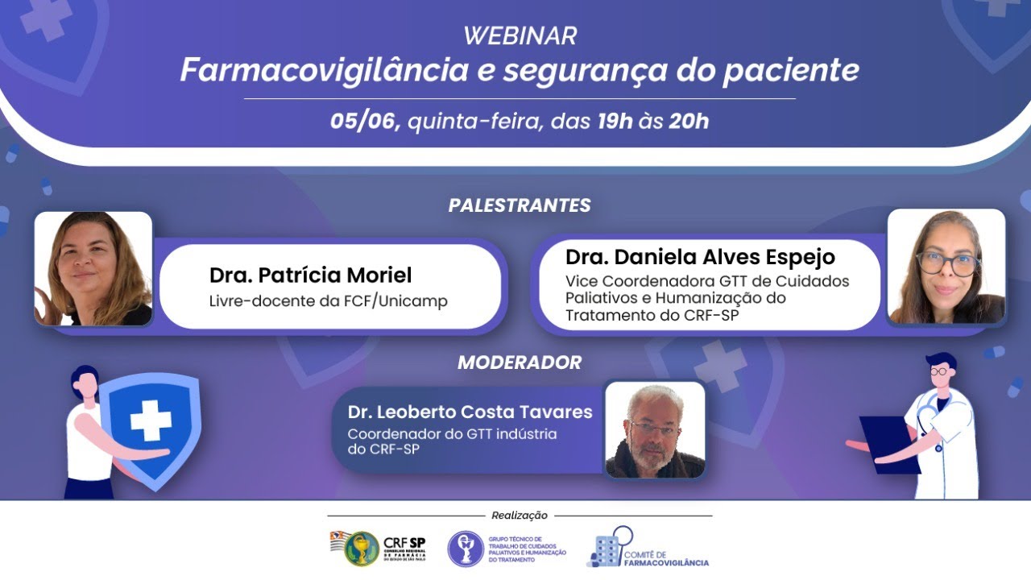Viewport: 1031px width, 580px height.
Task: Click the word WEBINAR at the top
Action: pyautogui.click(x=520, y=36)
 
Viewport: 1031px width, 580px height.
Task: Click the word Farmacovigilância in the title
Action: pyautogui.click(x=323, y=70)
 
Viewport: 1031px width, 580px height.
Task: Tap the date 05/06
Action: pyautogui.click(x=365, y=122)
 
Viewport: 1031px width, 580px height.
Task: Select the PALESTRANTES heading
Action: pyautogui.click(x=520, y=205)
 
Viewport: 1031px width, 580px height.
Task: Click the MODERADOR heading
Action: pyautogui.click(x=520, y=362)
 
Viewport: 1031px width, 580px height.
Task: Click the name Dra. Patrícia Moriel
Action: pyautogui.click(x=310, y=275)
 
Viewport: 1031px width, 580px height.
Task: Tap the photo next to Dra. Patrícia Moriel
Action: pyautogui.click(x=93, y=269)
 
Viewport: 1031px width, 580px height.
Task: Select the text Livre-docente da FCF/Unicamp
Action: pyautogui.click(x=328, y=301)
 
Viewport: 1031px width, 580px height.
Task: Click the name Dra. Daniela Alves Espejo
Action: pyautogui.click(x=700, y=257)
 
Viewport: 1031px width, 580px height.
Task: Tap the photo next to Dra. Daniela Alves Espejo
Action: pyautogui.click(x=946, y=267)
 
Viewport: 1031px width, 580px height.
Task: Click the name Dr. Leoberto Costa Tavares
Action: pyautogui.click(x=470, y=412)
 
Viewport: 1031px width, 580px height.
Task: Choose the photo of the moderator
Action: pyautogui.click(x=655, y=430)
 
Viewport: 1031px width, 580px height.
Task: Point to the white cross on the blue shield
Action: pyautogui.click(x=151, y=420)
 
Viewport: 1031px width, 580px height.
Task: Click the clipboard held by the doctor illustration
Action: pyautogui.click(x=888, y=443)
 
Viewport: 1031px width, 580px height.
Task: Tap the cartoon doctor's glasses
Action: pyautogui.click(x=939, y=371)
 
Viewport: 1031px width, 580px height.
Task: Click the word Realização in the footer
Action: pyautogui.click(x=520, y=516)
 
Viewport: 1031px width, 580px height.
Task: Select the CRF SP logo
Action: pyautogui.click(x=378, y=548)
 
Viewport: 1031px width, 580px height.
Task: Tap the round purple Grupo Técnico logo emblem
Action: pyautogui.click(x=466, y=549)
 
